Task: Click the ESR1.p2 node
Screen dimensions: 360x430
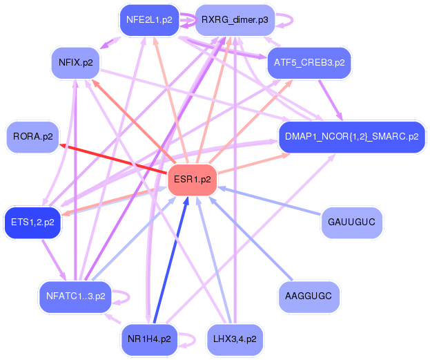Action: pyautogui.click(x=193, y=180)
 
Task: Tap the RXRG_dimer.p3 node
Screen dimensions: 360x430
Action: pyautogui.click(x=235, y=20)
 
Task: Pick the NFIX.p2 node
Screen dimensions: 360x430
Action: pyautogui.click(x=76, y=63)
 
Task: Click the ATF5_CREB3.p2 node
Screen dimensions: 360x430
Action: pyautogui.click(x=309, y=63)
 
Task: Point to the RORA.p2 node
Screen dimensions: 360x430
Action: pyautogui.click(x=32, y=137)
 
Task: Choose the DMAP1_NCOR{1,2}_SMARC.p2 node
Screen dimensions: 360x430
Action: pyautogui.click(x=351, y=137)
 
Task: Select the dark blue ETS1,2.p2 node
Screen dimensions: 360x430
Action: pyautogui.click(x=32, y=222)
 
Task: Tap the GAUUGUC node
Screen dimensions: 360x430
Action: pyautogui.click(x=351, y=222)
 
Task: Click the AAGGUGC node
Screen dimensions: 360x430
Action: pyautogui.click(x=309, y=296)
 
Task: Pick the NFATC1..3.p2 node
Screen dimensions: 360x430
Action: pyautogui.click(x=75, y=296)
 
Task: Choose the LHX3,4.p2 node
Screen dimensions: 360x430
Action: pyautogui.click(x=235, y=339)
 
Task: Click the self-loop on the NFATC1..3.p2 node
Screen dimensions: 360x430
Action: pyautogui.click(x=125, y=297)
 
